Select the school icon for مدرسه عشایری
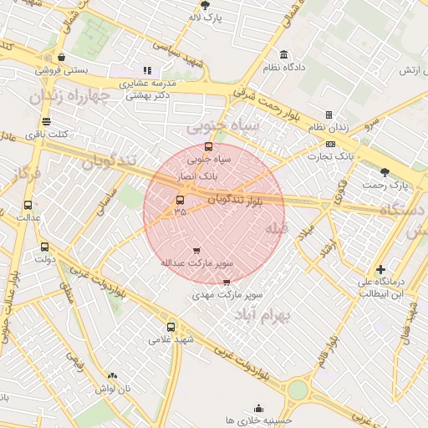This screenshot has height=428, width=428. pyautogui.click(x=147, y=71)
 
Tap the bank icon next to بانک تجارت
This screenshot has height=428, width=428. pyautogui.click(x=331, y=144)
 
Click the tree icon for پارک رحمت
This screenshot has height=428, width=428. pyautogui.click(x=385, y=171)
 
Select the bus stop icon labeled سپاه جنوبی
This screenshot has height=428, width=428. pyautogui.click(x=208, y=147)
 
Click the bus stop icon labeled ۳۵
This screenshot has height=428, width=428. pyautogui.click(x=180, y=200)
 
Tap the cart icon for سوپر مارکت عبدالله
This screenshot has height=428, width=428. pyautogui.click(x=196, y=250)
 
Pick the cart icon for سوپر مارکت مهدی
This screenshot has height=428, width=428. pyautogui.click(x=227, y=283)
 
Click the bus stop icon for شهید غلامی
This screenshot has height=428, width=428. pyautogui.click(x=171, y=327)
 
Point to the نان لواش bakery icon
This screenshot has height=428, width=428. pyautogui.click(x=112, y=376)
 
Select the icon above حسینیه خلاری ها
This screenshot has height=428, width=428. pyautogui.click(x=258, y=409)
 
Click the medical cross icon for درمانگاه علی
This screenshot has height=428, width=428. pyautogui.click(x=381, y=269)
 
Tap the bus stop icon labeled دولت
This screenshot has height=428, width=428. pyautogui.click(x=44, y=247)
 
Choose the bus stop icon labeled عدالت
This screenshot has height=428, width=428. pyautogui.click(x=28, y=205)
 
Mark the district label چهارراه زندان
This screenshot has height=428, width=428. pyautogui.click(x=70, y=96)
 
